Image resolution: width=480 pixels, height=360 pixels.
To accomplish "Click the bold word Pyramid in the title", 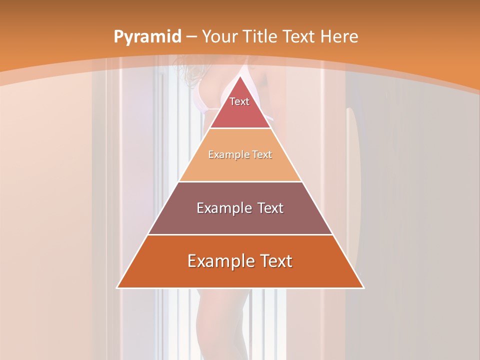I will pos(147,37).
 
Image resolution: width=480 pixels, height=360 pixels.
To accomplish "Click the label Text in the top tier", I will pos(239,101).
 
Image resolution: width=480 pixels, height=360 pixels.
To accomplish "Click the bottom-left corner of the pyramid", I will pos(117,288).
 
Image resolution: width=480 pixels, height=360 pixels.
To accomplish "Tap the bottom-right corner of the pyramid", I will pos(364,288).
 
